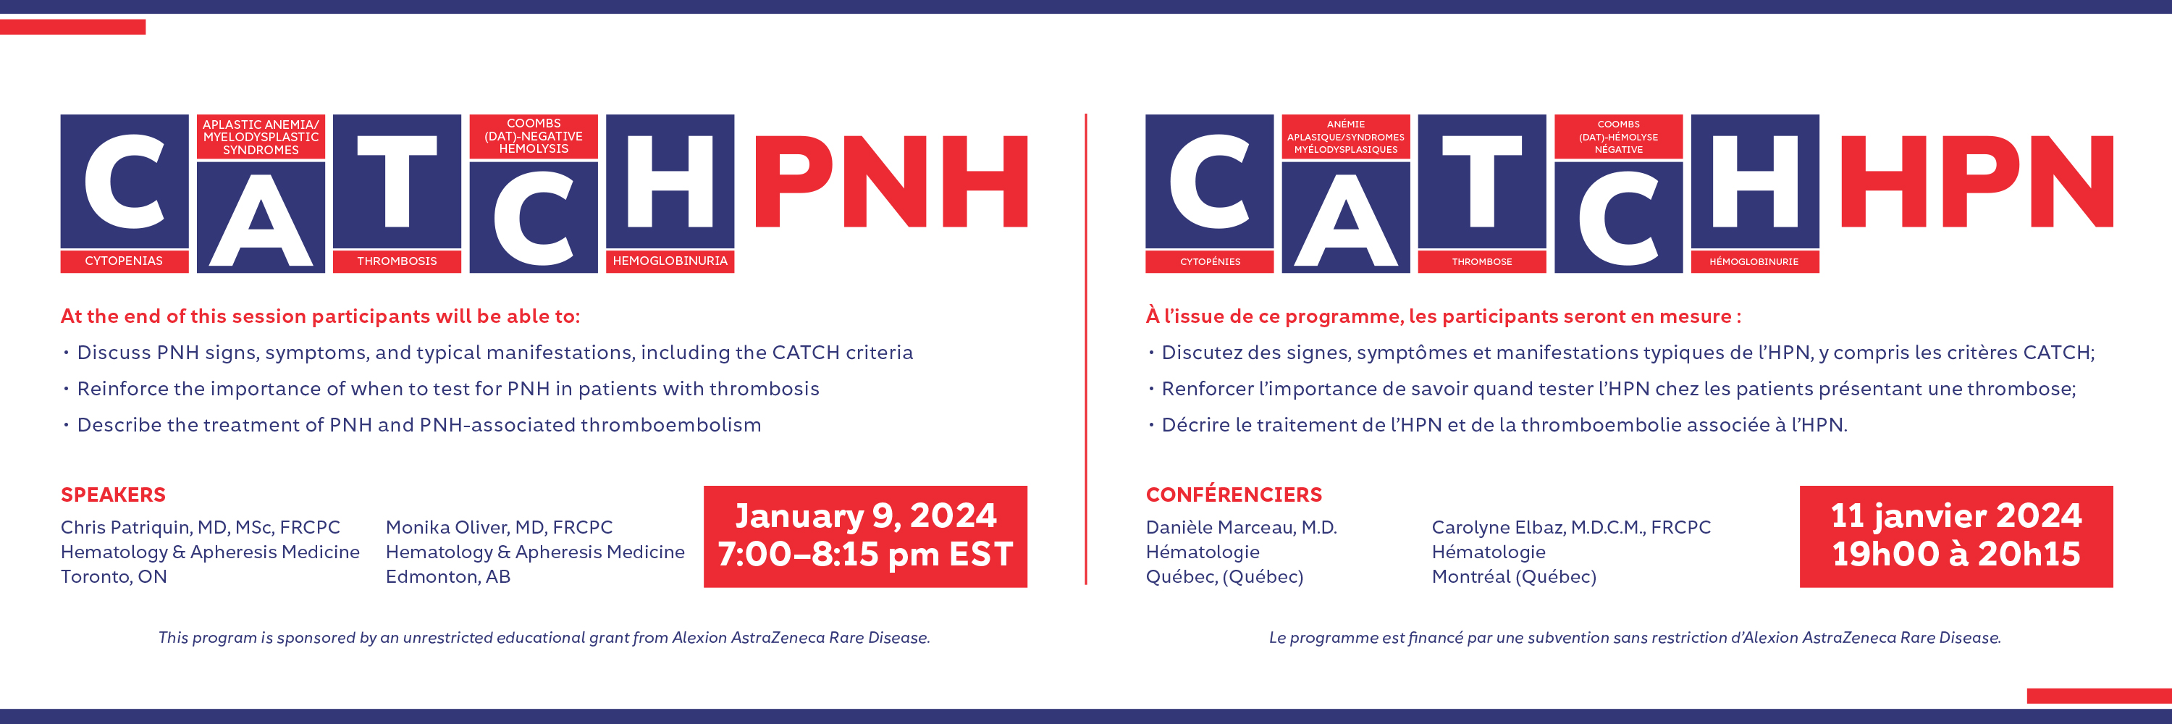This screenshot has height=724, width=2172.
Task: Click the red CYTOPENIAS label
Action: (124, 261)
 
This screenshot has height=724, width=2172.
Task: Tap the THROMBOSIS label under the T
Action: (397, 261)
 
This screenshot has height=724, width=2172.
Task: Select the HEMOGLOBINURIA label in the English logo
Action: (670, 261)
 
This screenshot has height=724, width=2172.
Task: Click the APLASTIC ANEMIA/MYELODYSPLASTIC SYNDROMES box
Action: (261, 137)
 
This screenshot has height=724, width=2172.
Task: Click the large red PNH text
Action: (891, 181)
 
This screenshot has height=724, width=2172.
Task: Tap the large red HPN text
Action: (1977, 181)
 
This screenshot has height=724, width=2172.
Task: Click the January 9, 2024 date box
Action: (865, 536)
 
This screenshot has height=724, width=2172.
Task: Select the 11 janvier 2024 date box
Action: (1956, 536)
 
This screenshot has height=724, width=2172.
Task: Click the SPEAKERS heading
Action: (113, 494)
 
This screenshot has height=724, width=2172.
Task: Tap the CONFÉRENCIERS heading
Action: (1234, 494)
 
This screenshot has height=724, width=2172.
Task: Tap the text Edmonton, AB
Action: (447, 577)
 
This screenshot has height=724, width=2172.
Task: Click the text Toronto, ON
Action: (114, 577)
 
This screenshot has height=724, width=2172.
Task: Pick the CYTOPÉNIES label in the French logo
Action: (1210, 261)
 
